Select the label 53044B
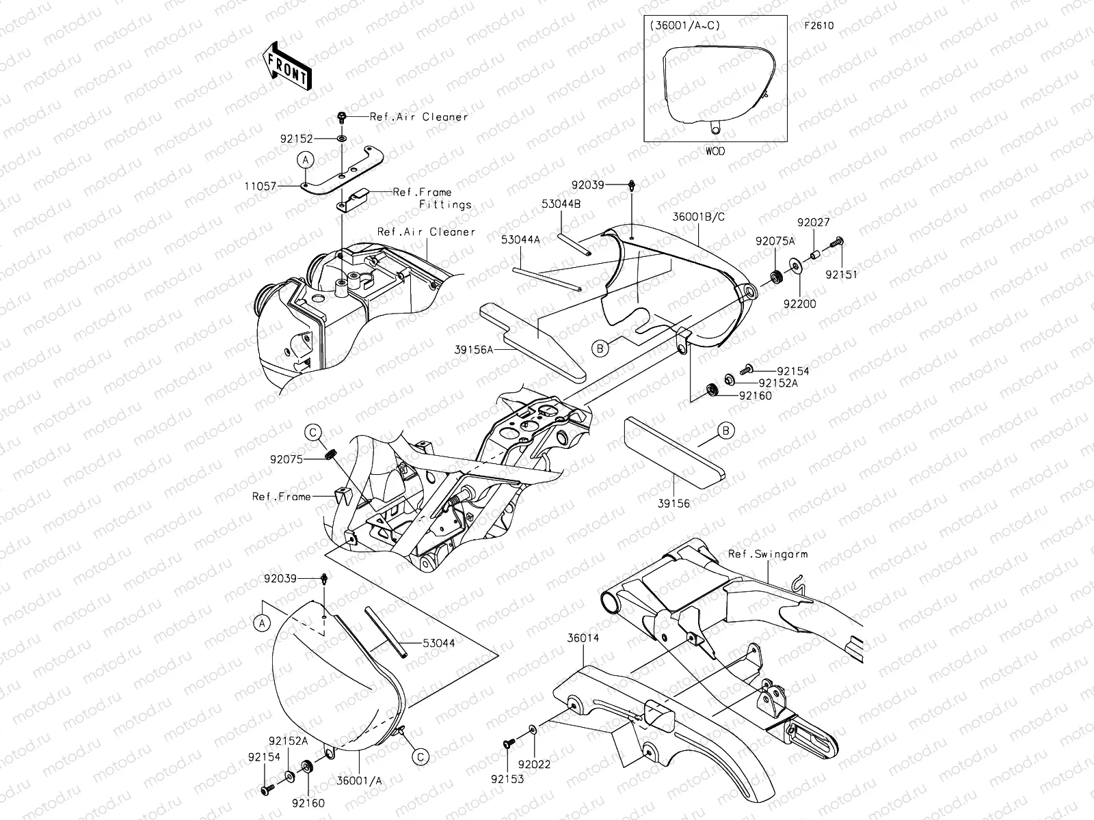coord(562,204)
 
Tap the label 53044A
coord(520,239)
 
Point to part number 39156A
coord(472,349)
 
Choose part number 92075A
coord(775,241)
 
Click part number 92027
coord(813,222)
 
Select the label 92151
coord(840,274)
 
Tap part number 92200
coord(800,303)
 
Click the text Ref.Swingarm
coord(767,554)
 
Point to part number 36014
coord(582,637)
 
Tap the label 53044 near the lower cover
coord(438,643)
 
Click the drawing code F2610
coord(819,26)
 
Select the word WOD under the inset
coord(715,151)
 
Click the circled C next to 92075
coord(312,432)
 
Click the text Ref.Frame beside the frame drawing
coord(281,497)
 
